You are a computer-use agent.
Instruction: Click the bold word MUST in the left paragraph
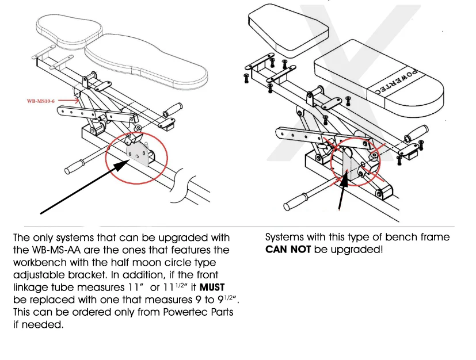216,287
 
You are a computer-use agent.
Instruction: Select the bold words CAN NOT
288,250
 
